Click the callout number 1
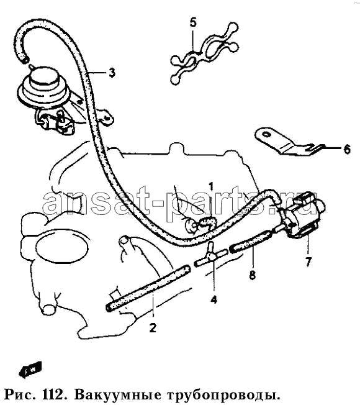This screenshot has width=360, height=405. (x=211, y=187)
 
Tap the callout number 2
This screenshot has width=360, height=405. (x=153, y=328)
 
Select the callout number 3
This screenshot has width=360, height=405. (x=112, y=73)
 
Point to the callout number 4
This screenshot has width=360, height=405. (x=214, y=299)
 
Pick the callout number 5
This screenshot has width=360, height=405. (x=193, y=22)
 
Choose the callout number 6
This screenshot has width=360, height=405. (x=347, y=149)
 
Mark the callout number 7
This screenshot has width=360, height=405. (x=308, y=262)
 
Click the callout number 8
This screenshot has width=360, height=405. (x=252, y=275)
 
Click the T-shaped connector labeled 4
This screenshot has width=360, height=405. (x=210, y=255)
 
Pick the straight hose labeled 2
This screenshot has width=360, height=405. (x=148, y=288)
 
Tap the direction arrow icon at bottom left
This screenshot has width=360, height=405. (x=30, y=369)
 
